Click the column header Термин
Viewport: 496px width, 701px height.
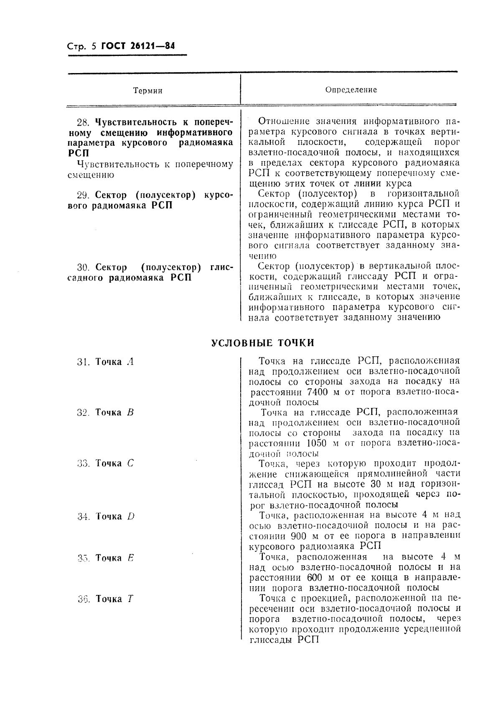pos(148,91)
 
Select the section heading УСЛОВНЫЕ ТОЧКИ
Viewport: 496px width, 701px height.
pos(262,343)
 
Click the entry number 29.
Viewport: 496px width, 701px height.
pos(84,195)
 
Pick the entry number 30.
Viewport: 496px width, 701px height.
pos(84,267)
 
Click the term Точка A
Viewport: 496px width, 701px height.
pos(114,362)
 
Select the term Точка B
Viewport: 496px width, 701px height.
pos(114,413)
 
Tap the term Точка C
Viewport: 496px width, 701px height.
pos(114,463)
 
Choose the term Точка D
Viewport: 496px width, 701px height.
pos(114,516)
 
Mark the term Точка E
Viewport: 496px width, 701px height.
pos(114,558)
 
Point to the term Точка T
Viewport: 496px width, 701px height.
pos(114,599)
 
